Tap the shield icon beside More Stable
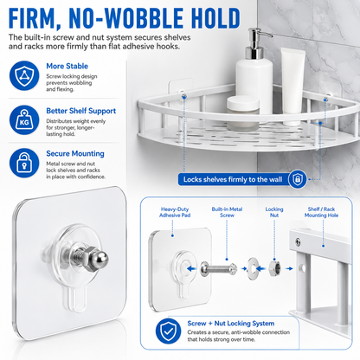coord(24,75)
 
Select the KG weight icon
coord(24,120)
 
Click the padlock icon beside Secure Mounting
coord(24,163)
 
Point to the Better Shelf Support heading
coord(81,111)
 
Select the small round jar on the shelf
coord(243,112)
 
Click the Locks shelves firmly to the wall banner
coord(233,179)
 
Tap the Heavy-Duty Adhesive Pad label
coord(175,212)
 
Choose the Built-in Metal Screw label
coord(227,212)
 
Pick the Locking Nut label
coord(274,212)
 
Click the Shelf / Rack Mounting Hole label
coord(321,212)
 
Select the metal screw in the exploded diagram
coord(218,269)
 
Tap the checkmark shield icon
coord(169,331)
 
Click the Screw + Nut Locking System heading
coord(231,324)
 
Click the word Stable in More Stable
coord(77,66)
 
